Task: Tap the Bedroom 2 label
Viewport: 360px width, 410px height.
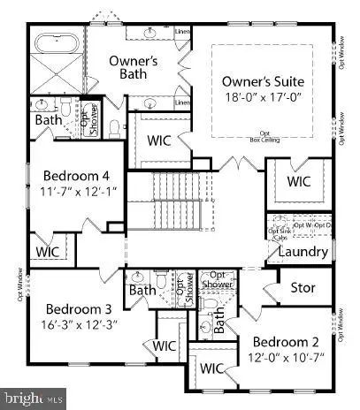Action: click(285, 341)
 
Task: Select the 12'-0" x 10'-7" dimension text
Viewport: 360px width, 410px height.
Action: click(285, 356)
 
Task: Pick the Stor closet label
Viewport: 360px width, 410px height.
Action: click(303, 289)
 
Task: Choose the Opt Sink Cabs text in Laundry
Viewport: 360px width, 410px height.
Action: click(277, 233)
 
